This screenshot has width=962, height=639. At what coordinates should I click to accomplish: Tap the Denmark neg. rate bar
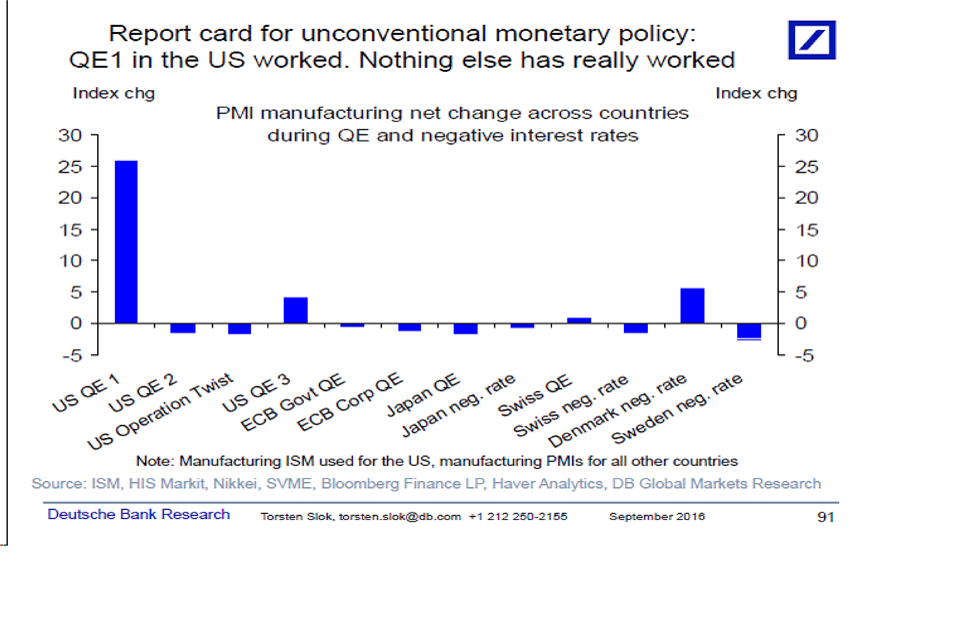click(692, 306)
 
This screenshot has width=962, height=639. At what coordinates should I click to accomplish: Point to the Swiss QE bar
click(579, 320)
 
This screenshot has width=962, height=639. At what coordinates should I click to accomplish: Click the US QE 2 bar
click(183, 328)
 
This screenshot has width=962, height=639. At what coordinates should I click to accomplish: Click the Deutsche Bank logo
click(812, 40)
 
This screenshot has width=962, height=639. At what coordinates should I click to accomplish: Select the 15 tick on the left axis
click(70, 230)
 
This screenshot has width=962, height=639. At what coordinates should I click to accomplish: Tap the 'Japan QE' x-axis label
click(423, 394)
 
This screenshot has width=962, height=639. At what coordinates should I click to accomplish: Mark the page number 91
click(825, 517)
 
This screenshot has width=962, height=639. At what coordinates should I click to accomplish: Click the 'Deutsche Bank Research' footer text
click(139, 514)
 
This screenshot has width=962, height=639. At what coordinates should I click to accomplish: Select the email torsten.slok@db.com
click(400, 517)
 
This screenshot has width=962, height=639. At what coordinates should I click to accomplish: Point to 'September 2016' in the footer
click(657, 516)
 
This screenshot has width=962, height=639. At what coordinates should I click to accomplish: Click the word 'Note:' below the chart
click(155, 461)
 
